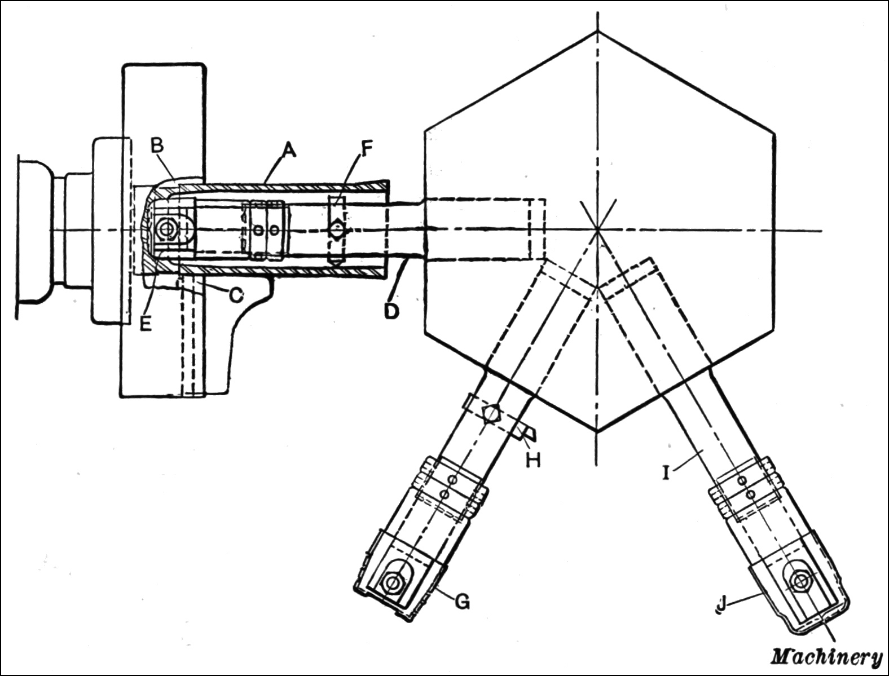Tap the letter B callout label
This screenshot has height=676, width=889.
pyautogui.click(x=157, y=145)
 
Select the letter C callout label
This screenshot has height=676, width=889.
pyautogui.click(x=236, y=293)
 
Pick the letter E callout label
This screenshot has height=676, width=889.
pyautogui.click(x=146, y=325)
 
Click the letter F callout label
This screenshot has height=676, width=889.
pyautogui.click(x=366, y=148)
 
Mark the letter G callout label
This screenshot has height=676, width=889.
pyautogui.click(x=462, y=602)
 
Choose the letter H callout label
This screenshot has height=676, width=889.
pyautogui.click(x=533, y=459)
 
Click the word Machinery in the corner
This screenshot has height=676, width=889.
pyautogui.click(x=826, y=656)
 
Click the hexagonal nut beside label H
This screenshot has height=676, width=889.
pyautogui.click(x=492, y=413)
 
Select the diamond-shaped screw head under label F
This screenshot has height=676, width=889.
pyautogui.click(x=337, y=229)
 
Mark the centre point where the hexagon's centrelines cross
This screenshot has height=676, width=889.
pyautogui.click(x=597, y=229)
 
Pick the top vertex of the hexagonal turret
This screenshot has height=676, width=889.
pyautogui.click(x=597, y=31)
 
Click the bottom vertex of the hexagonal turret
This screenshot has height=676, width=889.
pyautogui.click(x=597, y=431)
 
